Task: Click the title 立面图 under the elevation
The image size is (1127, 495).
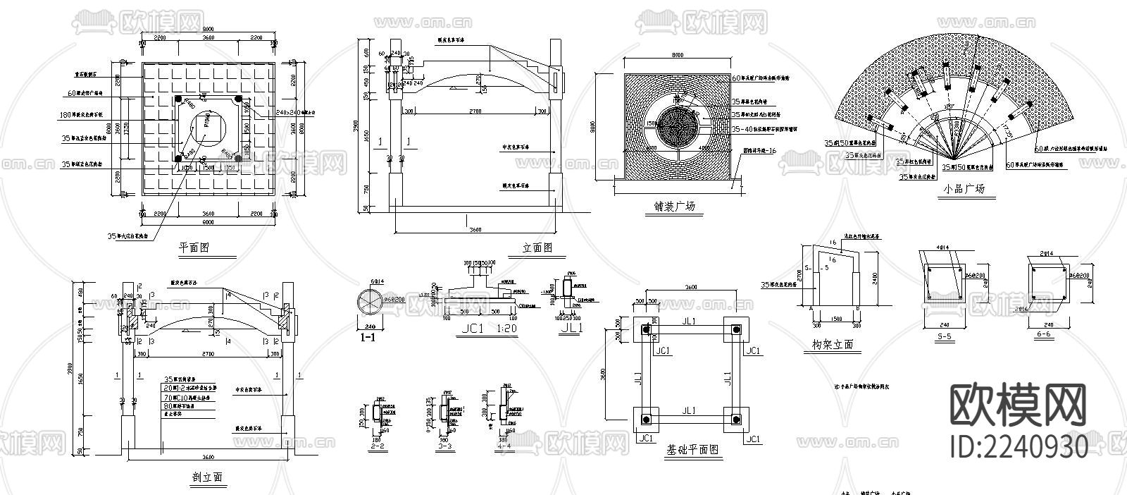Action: click(x=537, y=248)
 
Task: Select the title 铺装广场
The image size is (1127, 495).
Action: click(x=674, y=207)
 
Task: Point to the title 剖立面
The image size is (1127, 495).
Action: click(x=206, y=477)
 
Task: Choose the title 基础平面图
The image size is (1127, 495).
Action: click(x=692, y=449)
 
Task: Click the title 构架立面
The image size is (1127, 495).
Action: click(x=832, y=344)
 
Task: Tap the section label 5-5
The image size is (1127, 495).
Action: click(x=945, y=337)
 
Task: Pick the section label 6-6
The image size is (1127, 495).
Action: click(x=1043, y=337)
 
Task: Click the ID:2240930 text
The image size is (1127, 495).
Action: click(x=1019, y=446)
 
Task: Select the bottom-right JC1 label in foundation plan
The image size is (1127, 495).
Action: click(x=752, y=439)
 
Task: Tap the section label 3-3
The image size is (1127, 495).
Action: click(x=443, y=447)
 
